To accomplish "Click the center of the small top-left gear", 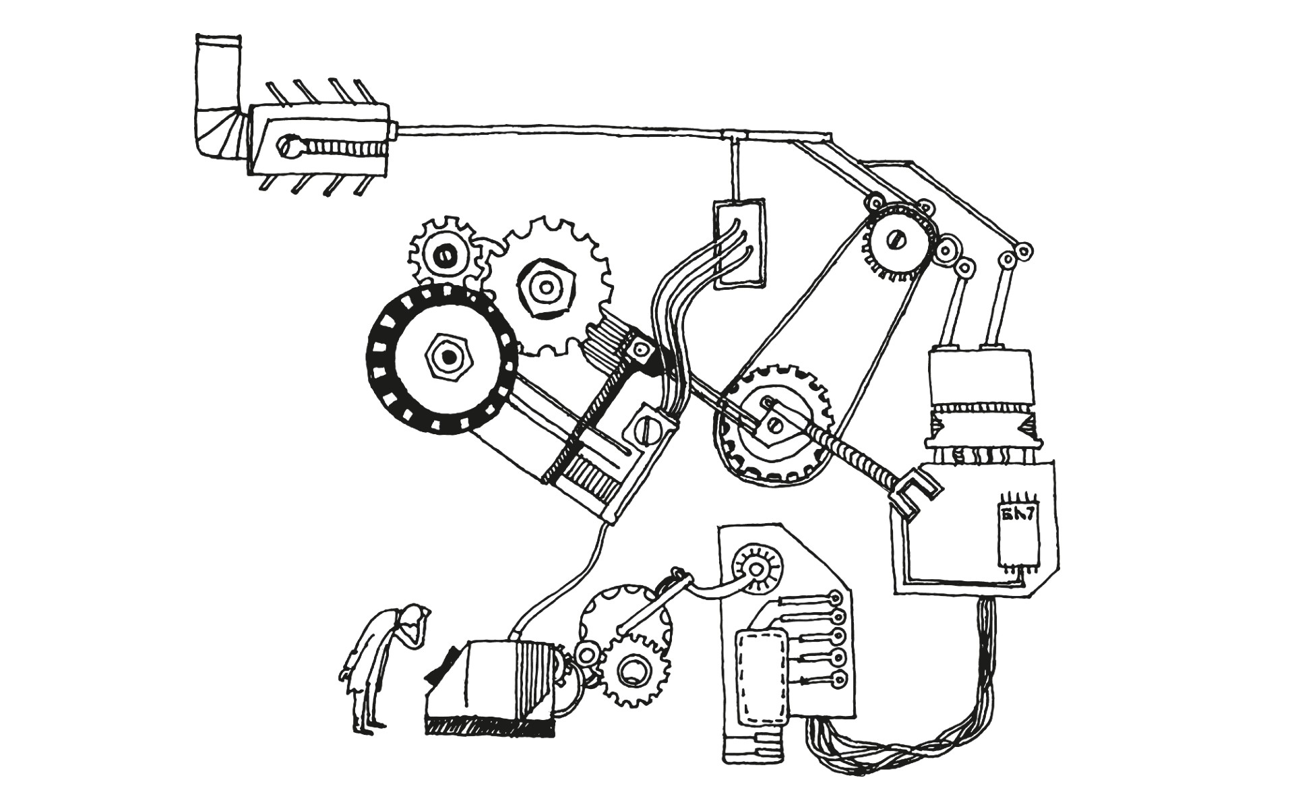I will coord(444,257).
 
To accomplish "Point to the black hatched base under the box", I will coord(489,726).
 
